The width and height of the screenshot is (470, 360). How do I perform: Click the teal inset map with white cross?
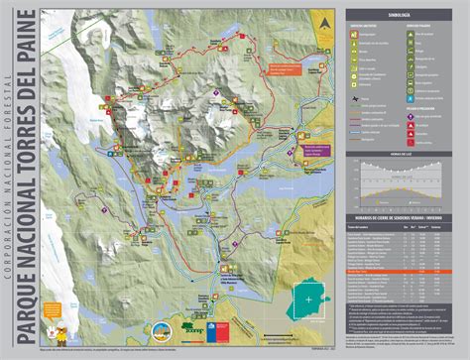click(313, 299)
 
